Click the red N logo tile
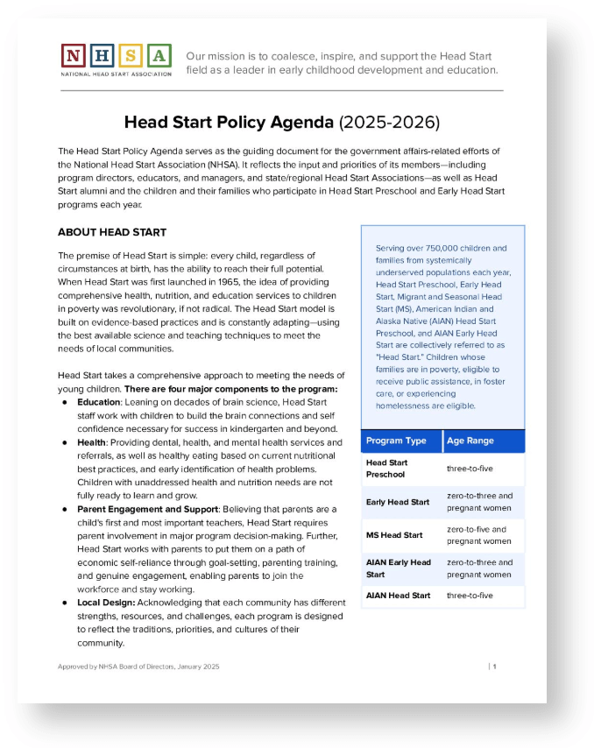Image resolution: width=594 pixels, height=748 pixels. point(74,56)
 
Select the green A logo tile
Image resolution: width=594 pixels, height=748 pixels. point(159,56)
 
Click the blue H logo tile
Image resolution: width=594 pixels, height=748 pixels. point(102,56)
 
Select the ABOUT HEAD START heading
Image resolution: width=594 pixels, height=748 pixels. point(111,232)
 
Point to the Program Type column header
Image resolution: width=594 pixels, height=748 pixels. point(397,441)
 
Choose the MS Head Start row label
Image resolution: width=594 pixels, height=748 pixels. point(394,535)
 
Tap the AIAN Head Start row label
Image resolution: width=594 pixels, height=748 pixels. point(398,596)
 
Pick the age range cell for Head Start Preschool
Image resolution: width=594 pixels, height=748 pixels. point(470,469)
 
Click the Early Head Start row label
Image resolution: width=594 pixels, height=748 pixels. point(398,502)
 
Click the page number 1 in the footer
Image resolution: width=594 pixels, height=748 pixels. point(494,667)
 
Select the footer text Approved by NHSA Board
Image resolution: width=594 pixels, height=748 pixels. point(138,667)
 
